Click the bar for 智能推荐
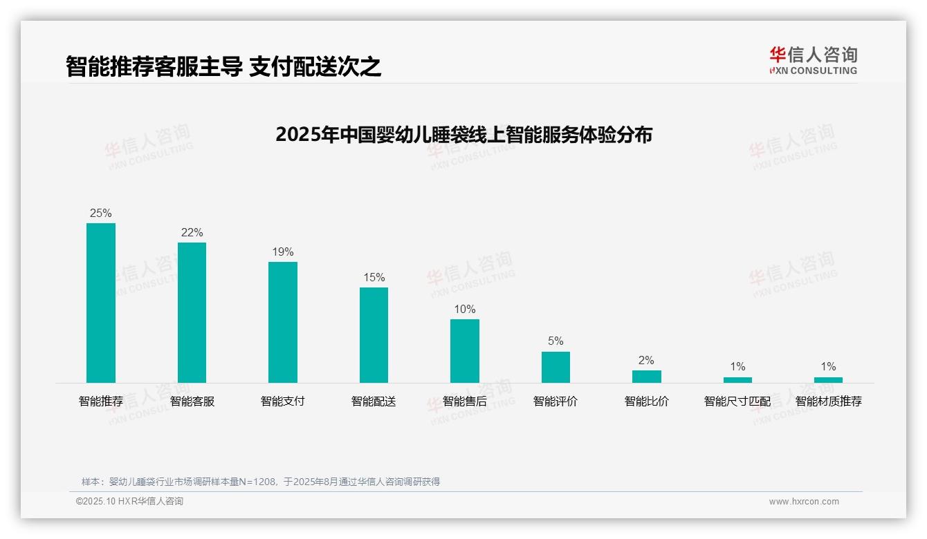101,303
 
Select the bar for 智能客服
192,312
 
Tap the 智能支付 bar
283,322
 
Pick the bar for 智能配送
374,335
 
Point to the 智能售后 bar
465,351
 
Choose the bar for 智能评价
556,367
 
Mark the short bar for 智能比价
647,377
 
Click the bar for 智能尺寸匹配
737,380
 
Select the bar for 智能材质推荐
828,380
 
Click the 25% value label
101,213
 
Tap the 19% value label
283,252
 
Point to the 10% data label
465,309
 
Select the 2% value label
647,360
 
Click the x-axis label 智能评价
556,401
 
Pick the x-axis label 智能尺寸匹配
737,401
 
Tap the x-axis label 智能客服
192,401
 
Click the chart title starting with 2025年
463,134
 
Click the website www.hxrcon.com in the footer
804,502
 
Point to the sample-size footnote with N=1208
261,482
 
